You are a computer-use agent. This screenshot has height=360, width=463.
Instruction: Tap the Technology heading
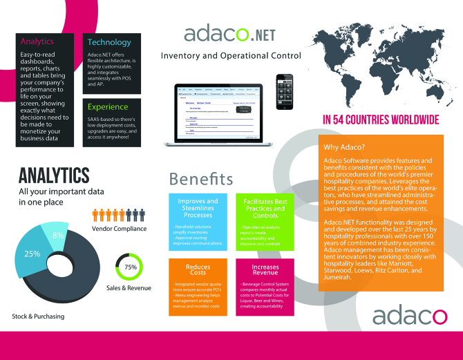(108, 41)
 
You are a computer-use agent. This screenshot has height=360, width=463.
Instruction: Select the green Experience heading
(108, 107)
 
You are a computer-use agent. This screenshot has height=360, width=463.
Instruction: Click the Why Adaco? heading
(347, 146)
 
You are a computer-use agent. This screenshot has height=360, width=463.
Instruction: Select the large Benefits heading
(201, 178)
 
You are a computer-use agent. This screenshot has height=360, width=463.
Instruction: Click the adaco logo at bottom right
(410, 316)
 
